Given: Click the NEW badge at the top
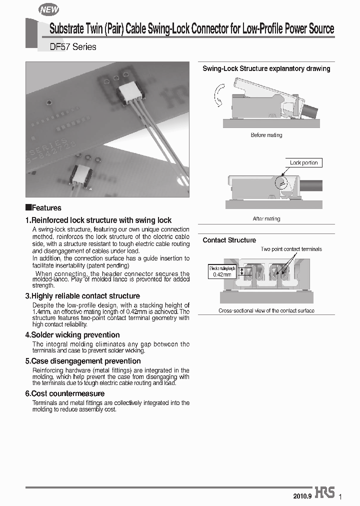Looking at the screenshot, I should tap(48, 9).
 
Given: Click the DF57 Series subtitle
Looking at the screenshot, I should tap(73, 47).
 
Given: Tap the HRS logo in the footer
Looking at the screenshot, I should tap(324, 492).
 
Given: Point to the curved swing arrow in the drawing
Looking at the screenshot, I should tap(218, 95).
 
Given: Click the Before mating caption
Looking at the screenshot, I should tap(266, 135).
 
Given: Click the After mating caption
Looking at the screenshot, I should tap(266, 218).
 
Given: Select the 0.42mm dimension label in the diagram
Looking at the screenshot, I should tap(221, 274).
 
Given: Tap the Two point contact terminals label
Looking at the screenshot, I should tap(291, 249).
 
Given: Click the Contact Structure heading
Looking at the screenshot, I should tap(229, 240).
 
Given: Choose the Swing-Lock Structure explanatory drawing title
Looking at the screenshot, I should tap(266, 68).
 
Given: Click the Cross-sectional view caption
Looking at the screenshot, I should tap(266, 310).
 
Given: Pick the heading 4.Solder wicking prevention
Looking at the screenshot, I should tap(72, 335).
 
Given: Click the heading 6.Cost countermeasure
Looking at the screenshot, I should tap(65, 393).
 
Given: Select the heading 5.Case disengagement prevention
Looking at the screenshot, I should tap(83, 361).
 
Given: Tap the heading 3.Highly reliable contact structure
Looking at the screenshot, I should tap(82, 296).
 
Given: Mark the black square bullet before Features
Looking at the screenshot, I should tap(28, 207).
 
